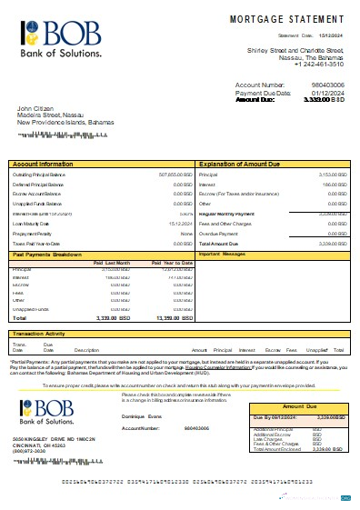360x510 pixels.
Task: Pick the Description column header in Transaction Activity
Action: pos(86,350)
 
